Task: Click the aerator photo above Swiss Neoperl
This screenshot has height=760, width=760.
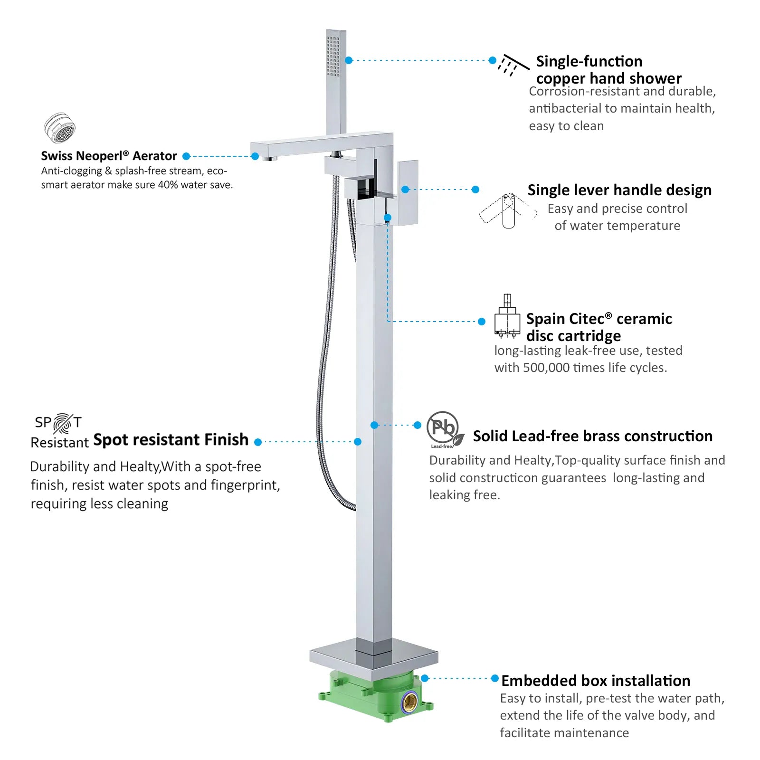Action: tap(60, 128)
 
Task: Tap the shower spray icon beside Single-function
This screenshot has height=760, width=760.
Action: tap(513, 65)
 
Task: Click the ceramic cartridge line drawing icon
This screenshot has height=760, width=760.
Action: tap(507, 316)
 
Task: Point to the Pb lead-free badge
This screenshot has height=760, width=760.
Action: tap(445, 429)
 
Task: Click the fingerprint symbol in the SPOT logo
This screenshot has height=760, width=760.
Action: tap(62, 423)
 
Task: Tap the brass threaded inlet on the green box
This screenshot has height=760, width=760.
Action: tap(409, 701)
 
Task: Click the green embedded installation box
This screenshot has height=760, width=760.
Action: tap(376, 696)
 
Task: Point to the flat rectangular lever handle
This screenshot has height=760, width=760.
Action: tap(408, 192)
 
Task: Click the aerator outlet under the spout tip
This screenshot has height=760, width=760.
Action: tap(269, 158)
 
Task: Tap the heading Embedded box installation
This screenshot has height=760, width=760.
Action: tap(596, 681)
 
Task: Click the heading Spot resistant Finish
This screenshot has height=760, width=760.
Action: tap(171, 440)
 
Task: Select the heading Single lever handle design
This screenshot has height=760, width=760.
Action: tap(619, 190)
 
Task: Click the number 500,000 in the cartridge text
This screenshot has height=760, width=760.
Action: tap(546, 368)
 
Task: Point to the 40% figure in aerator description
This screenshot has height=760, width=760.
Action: tap(167, 185)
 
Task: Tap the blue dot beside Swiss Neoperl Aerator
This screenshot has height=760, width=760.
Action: tap(186, 156)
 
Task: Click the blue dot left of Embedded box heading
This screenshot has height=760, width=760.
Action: tap(495, 678)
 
